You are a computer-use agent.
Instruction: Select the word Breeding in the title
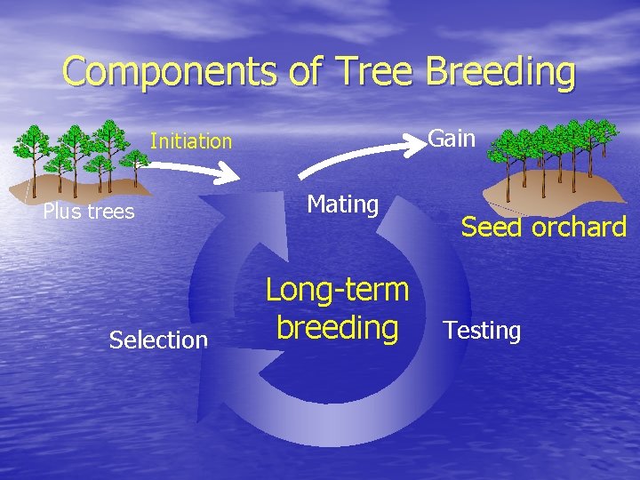500,71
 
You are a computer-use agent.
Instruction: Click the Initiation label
191,141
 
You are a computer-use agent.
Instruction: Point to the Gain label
452,139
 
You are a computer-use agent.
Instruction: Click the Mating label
343,204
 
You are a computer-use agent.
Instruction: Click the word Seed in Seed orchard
491,228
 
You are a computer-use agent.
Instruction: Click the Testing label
482,331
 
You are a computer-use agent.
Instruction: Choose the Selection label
158,340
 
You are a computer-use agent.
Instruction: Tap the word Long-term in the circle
337,290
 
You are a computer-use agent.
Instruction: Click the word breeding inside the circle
337,327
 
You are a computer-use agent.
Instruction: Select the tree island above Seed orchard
556,164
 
